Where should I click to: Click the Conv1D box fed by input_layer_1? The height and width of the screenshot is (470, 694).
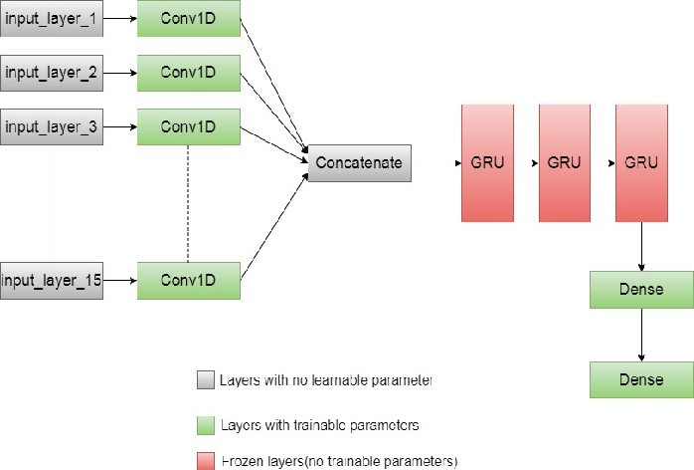coord(189,18)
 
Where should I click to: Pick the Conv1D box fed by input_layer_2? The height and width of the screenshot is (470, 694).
coord(189,73)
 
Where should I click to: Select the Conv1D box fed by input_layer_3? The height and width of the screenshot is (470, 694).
coord(189,126)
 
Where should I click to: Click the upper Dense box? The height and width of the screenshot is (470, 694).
coord(640,290)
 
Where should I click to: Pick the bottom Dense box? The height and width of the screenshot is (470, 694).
coord(640,379)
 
